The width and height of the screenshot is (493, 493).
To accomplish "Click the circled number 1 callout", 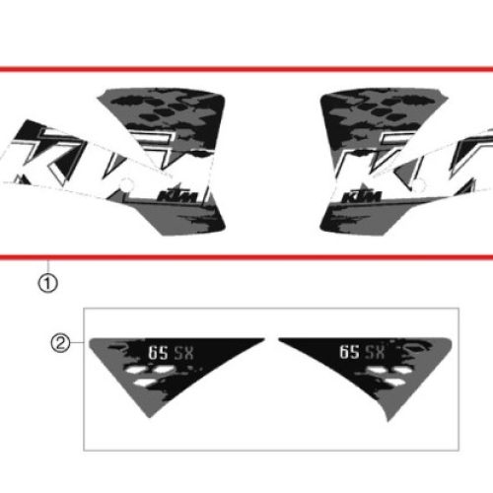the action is [x=48, y=283].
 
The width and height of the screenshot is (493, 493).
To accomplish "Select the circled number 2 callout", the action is [x=60, y=343].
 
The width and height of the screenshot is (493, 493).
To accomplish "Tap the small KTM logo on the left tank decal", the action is [x=179, y=195].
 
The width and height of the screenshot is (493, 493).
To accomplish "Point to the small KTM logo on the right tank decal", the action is [x=362, y=195].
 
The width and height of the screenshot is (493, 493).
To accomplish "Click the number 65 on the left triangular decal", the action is [x=158, y=353].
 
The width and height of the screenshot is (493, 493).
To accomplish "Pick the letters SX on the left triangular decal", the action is [x=183, y=353].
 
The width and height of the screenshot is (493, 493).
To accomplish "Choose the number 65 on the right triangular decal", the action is [x=349, y=352].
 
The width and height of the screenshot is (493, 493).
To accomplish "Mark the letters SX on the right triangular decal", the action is [x=375, y=352].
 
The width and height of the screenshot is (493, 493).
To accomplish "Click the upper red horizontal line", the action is [x=246, y=69].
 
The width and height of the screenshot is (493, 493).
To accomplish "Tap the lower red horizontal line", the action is [x=246, y=257].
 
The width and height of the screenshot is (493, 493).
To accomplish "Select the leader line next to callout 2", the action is [x=77, y=342].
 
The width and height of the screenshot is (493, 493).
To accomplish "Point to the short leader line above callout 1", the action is [x=48, y=267].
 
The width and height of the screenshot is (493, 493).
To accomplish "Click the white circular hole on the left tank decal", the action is [x=126, y=185].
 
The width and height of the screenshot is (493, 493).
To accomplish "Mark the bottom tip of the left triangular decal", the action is [x=150, y=417].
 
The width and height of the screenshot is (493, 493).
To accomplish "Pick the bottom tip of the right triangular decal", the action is [x=388, y=421].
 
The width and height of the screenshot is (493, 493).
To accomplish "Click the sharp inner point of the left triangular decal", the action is [x=264, y=338].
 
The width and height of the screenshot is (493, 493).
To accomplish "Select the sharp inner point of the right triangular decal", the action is [x=279, y=338].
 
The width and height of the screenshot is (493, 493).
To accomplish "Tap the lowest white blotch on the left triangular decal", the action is [x=145, y=383].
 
